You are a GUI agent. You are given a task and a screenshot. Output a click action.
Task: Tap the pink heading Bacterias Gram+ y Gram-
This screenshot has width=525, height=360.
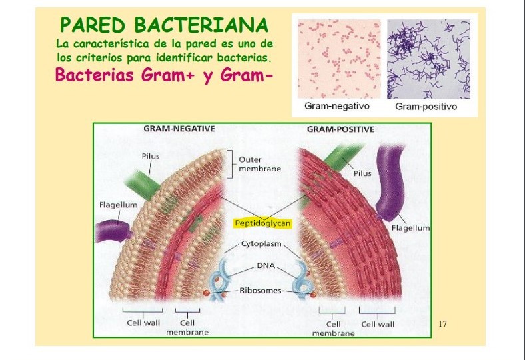click(x=165, y=74)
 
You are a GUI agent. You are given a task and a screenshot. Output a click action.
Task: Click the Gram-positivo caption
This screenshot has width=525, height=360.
click(x=426, y=106)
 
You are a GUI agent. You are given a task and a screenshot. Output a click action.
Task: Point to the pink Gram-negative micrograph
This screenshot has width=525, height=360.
click(x=338, y=59)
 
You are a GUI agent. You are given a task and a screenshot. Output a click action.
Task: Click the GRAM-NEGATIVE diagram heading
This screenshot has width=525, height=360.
click(x=179, y=129)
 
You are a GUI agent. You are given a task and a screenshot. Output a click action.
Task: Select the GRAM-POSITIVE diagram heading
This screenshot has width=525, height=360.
click(x=340, y=129)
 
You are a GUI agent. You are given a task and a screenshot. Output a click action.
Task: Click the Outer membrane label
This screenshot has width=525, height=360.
click(x=259, y=164)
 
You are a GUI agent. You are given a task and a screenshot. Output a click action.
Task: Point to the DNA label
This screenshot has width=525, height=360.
click(x=265, y=265)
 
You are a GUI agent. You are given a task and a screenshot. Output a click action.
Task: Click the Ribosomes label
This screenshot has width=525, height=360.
click(x=261, y=291)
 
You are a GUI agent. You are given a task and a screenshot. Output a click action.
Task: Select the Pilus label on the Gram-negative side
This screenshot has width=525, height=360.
click(x=150, y=156)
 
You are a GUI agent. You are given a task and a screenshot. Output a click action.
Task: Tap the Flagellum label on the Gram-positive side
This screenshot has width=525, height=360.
click(x=410, y=228)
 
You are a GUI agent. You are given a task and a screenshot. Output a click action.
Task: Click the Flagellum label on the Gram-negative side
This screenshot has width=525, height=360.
click(x=118, y=205)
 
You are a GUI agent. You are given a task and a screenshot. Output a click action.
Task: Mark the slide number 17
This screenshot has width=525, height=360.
click(x=443, y=324)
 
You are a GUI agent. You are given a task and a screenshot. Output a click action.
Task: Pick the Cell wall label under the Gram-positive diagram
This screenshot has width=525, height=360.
click(x=378, y=324)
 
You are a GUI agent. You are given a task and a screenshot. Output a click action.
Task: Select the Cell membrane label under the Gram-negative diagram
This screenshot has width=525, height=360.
click(x=187, y=327)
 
